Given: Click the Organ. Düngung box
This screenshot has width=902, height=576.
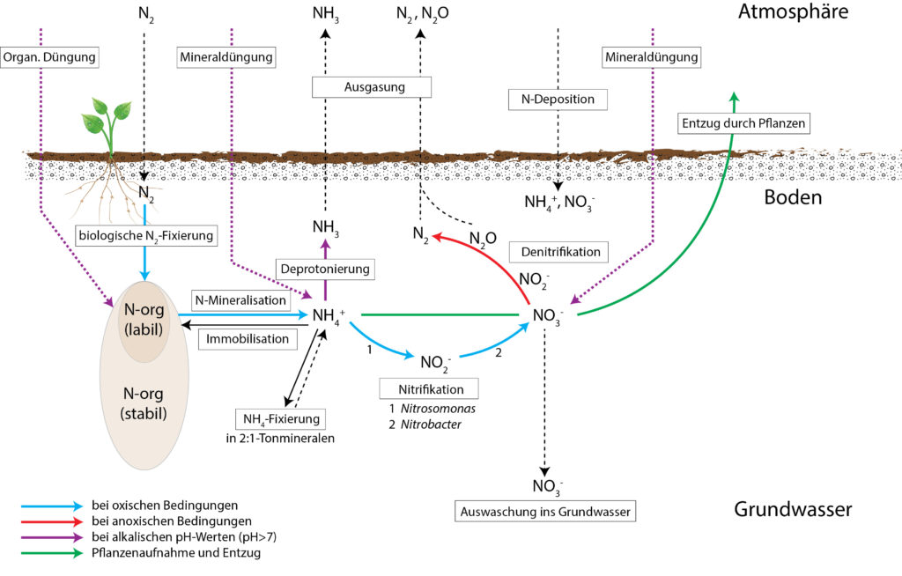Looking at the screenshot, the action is tap(49, 57).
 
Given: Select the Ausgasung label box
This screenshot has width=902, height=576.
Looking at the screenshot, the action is tap(372, 87).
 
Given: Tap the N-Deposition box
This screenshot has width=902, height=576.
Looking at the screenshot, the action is tap(558, 99).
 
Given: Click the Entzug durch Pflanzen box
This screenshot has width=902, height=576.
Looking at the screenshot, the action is tap(743, 123).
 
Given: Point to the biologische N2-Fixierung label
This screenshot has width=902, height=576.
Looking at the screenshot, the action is tap(146, 235).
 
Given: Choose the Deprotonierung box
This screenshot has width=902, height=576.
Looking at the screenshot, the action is tap(325, 269).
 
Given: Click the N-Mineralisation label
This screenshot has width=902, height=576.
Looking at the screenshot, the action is tap(240, 299).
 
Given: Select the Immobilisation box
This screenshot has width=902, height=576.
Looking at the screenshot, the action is tap(248, 339).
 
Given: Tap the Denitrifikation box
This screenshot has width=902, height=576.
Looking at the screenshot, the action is tap(558, 252).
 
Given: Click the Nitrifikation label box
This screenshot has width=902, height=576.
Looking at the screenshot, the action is tap(429, 389).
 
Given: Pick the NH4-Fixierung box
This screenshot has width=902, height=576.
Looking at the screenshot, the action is tap(281, 419).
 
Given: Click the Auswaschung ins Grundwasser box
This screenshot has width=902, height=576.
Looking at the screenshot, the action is tap(545, 512).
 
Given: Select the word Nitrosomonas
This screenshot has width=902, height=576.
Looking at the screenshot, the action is tap(439, 409).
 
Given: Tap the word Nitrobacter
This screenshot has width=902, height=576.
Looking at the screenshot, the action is tap(431, 425).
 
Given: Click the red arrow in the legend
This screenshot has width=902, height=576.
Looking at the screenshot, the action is tap(52, 522).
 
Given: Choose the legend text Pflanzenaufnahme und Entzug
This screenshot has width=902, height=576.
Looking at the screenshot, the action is tap(176, 553).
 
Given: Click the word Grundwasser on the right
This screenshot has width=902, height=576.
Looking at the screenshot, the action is tap(793, 509).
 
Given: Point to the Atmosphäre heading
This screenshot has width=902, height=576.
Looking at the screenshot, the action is tap(793, 11).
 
